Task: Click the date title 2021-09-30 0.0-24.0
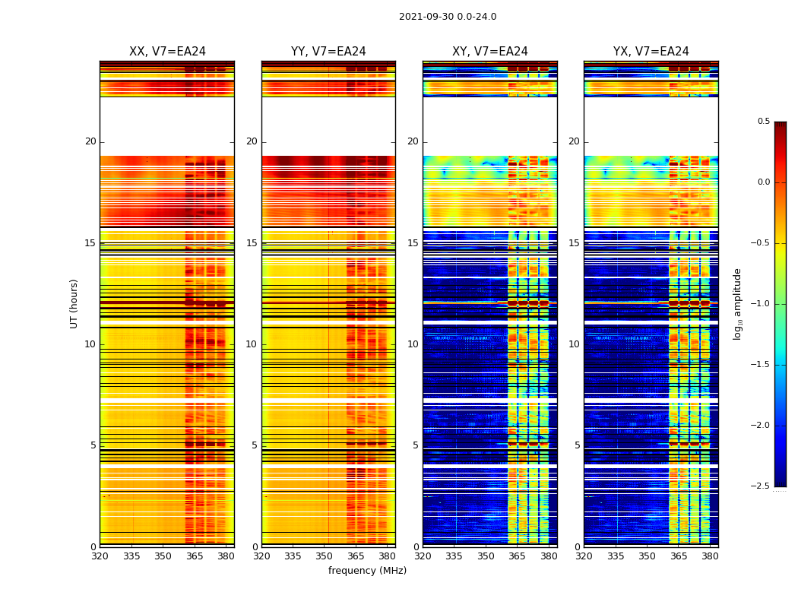coord(448,17)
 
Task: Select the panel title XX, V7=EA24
coord(167,52)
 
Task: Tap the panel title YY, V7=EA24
coord(328,52)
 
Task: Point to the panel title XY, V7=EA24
coord(490,52)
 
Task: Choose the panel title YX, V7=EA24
coord(651,52)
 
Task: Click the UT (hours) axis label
coord(74,303)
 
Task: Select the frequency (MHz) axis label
coord(367,571)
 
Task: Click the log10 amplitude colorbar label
coord(737,303)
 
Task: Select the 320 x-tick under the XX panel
coord(100,556)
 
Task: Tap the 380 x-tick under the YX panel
coord(710,556)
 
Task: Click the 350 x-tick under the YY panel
coord(325,556)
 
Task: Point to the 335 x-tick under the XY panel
coord(454,556)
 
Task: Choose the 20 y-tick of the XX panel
coord(90,141)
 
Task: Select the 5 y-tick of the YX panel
coord(577,445)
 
